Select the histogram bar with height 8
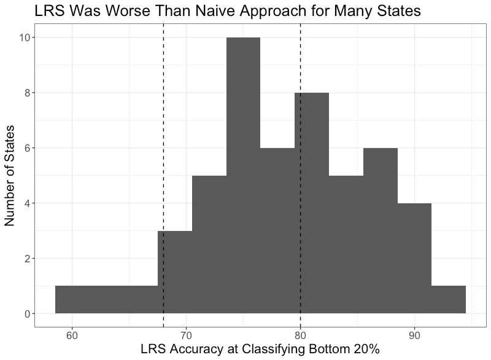click(x=312, y=203)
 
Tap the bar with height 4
click(x=414, y=258)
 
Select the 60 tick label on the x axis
click(x=72, y=335)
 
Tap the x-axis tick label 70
click(x=186, y=335)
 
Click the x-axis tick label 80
click(x=300, y=335)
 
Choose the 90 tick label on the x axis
click(x=414, y=335)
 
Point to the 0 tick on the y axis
click(x=27, y=314)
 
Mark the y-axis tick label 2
click(x=27, y=259)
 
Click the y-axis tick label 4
click(x=27, y=203)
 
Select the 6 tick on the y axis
click(x=27, y=148)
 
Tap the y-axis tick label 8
click(x=27, y=93)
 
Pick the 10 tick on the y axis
click(x=25, y=37)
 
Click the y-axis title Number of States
click(x=10, y=176)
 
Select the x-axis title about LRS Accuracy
click(x=260, y=350)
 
